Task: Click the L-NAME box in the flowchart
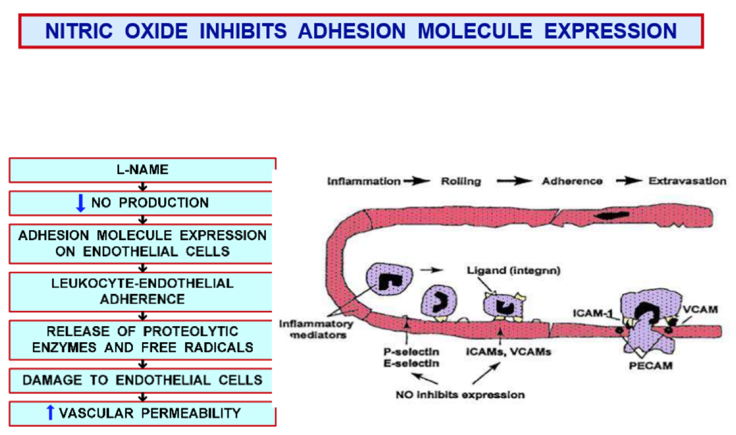click(142, 170)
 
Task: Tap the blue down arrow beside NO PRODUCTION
click(81, 203)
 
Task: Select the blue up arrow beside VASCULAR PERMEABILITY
click(50, 412)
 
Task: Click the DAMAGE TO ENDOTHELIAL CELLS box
click(142, 380)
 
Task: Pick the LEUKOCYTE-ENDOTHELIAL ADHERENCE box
click(142, 291)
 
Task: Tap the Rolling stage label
click(461, 182)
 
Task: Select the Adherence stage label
click(572, 182)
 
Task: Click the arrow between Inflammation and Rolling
click(419, 182)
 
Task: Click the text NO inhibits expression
click(460, 395)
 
